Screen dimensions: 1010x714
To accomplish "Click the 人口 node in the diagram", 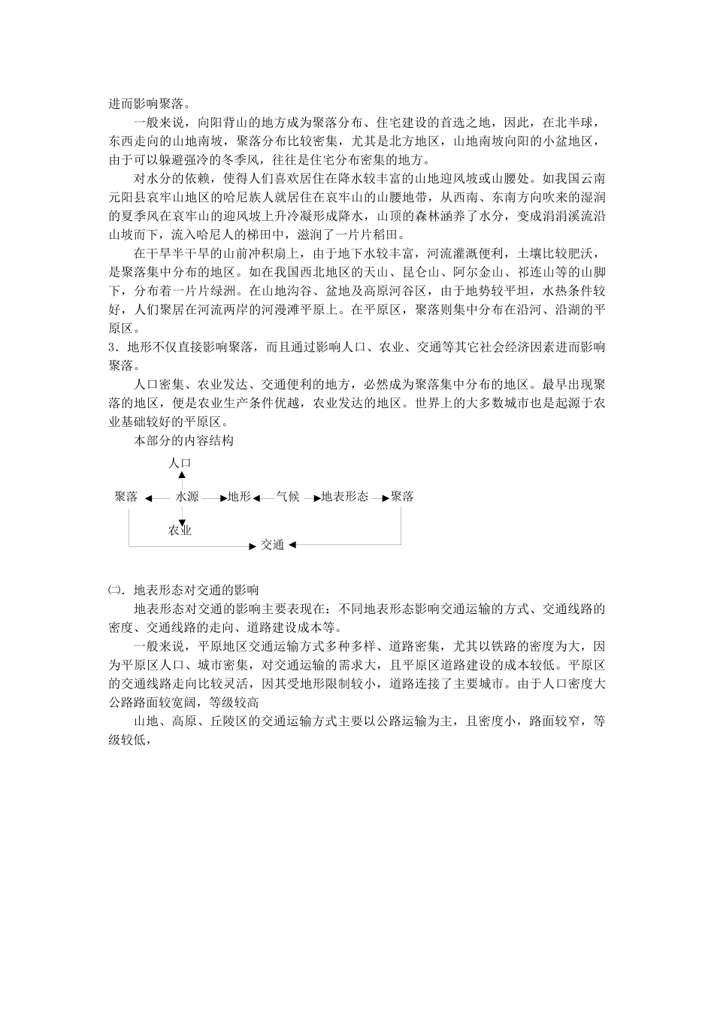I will [180, 463].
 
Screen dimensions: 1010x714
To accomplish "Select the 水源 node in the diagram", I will [187, 497].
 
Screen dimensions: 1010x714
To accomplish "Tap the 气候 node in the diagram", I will [288, 497].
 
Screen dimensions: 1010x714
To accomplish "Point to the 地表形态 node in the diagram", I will [345, 497].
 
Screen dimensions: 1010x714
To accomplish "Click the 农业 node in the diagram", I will [180, 531].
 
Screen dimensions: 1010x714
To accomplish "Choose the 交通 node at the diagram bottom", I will [272, 545].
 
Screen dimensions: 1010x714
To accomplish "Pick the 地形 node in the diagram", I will [240, 497].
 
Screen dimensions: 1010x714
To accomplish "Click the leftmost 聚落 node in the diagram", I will [126, 497].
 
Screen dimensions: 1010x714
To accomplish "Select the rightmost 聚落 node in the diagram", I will [402, 497].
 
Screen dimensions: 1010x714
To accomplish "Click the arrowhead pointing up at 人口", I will [181, 475].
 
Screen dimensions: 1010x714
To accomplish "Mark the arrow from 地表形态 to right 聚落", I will [380, 497].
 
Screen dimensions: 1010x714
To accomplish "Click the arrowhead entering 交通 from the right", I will [292, 545].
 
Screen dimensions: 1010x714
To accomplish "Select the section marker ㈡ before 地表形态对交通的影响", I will [113, 590].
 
